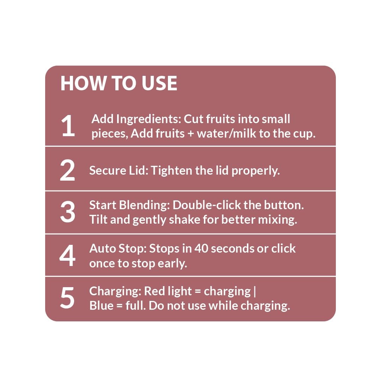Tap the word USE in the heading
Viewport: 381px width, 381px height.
[159, 83]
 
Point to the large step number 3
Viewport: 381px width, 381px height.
[67, 212]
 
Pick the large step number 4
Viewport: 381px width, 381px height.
[67, 255]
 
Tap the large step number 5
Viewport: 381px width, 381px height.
[67, 298]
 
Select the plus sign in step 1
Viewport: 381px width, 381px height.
[191, 134]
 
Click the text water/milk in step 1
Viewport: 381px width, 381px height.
[226, 134]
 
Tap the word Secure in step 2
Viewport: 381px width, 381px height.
[108, 170]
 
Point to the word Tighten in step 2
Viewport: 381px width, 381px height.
[171, 171]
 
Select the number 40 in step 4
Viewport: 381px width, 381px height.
[201, 249]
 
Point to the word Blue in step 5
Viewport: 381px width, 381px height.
[101, 306]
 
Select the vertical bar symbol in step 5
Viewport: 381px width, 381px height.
[255, 292]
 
